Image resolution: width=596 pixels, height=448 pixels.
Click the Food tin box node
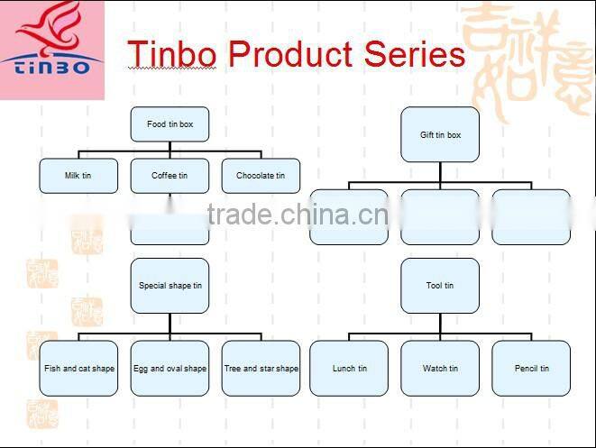(170, 123)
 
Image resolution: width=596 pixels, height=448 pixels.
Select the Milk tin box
(78, 176)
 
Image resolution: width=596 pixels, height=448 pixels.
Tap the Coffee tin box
(170, 176)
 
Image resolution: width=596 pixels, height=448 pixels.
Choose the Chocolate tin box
(261, 176)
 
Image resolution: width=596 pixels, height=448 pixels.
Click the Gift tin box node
(440, 135)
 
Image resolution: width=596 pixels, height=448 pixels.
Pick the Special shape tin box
(170, 286)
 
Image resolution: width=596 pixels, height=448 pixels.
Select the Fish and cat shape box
(79, 368)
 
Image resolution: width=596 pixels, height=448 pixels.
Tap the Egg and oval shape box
(170, 368)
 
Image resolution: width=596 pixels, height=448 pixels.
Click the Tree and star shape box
(261, 368)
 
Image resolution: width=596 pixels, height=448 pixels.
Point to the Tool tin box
(440, 286)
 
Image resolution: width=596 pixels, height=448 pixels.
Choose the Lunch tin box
(349, 368)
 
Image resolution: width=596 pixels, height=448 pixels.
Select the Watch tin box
(440, 368)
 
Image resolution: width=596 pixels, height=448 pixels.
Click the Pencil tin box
(531, 368)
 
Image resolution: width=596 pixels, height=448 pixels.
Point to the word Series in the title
(415, 54)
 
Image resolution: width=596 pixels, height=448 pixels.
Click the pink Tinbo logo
(52, 50)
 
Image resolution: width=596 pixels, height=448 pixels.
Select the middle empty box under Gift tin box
(440, 216)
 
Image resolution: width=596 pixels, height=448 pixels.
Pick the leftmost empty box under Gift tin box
(349, 216)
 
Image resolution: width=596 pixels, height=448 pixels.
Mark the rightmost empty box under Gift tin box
(531, 216)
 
